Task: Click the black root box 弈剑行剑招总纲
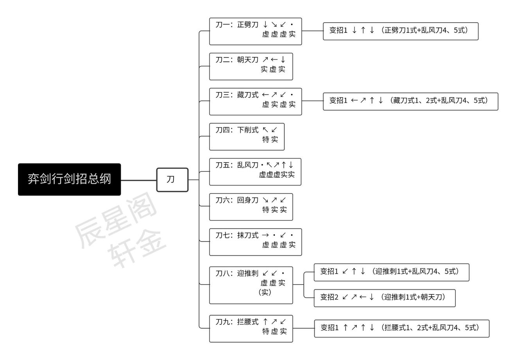click(x=69, y=179)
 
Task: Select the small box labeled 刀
click(x=172, y=180)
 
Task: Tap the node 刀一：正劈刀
click(x=256, y=31)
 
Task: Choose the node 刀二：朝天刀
click(x=251, y=66)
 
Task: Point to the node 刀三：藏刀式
click(x=256, y=102)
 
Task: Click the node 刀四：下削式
click(x=247, y=137)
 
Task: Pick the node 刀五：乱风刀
click(x=255, y=172)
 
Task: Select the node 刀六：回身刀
click(x=251, y=207)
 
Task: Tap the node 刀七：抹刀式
click(x=256, y=242)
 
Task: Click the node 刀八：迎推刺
click(x=251, y=285)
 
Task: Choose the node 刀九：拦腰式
click(x=251, y=329)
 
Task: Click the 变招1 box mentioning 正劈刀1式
click(x=401, y=31)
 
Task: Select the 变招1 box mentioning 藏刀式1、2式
click(x=410, y=102)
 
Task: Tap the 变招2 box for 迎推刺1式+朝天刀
click(x=385, y=298)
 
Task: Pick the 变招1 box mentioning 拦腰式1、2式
click(x=402, y=328)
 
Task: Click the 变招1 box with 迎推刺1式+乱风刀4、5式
click(x=392, y=272)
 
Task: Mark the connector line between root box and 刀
click(x=139, y=180)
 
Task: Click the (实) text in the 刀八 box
click(x=265, y=292)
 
